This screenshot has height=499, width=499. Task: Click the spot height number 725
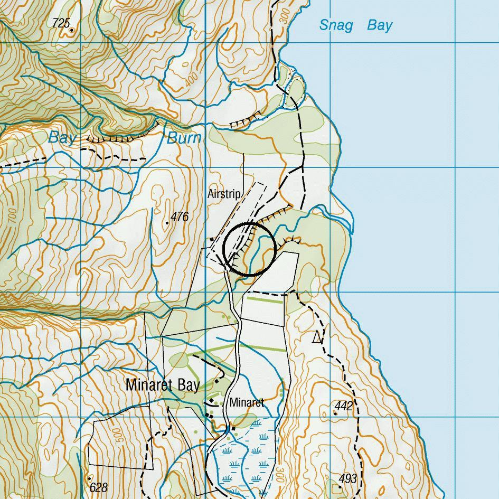(x=61, y=23)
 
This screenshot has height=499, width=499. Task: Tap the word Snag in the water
(x=335, y=25)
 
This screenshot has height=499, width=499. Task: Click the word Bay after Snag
(x=380, y=25)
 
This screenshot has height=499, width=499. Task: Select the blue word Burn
(x=184, y=138)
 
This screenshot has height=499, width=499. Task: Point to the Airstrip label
(x=223, y=194)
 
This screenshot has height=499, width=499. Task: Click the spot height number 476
(x=180, y=216)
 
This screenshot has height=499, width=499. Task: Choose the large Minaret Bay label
(x=163, y=385)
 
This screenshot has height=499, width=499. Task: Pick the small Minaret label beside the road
(x=246, y=402)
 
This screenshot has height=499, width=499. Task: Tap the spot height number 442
(x=343, y=406)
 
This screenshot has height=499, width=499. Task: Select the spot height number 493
(x=347, y=479)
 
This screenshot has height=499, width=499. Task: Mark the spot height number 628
(x=99, y=487)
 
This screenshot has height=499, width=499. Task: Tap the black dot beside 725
(x=72, y=30)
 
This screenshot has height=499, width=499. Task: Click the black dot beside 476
(x=167, y=223)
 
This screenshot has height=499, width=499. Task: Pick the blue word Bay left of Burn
(x=62, y=138)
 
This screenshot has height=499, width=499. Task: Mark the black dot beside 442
(x=335, y=413)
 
